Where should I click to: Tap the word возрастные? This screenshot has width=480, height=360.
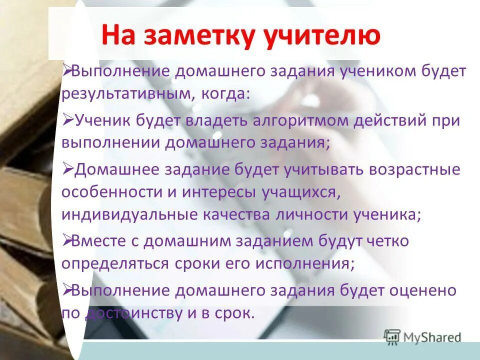click(414, 169)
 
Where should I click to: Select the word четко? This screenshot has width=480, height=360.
click(387, 241)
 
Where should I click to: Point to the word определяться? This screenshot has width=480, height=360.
click(115, 263)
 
